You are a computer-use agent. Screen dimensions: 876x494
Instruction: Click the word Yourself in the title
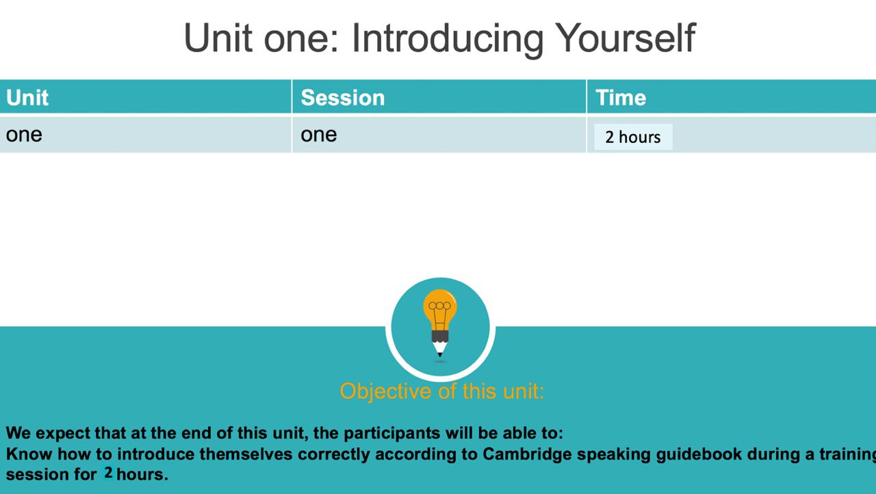tap(626, 38)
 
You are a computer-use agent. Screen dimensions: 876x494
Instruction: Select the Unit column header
tap(27, 97)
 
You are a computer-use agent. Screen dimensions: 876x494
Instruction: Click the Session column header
tap(343, 97)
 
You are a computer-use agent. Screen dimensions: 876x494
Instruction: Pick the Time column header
tap(621, 97)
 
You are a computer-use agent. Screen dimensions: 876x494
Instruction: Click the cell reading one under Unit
tap(24, 135)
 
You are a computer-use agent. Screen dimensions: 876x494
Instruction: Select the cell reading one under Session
tap(319, 135)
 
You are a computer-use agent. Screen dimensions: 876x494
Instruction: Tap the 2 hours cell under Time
tap(633, 137)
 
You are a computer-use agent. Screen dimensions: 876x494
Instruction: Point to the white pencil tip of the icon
tap(440, 349)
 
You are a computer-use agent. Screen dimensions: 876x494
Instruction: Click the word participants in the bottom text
tap(392, 433)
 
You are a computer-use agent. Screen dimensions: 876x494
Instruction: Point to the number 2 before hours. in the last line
tap(108, 473)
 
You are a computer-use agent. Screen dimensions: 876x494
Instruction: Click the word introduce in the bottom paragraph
tap(156, 454)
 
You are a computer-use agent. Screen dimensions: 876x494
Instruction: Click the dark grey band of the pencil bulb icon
tap(440, 337)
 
